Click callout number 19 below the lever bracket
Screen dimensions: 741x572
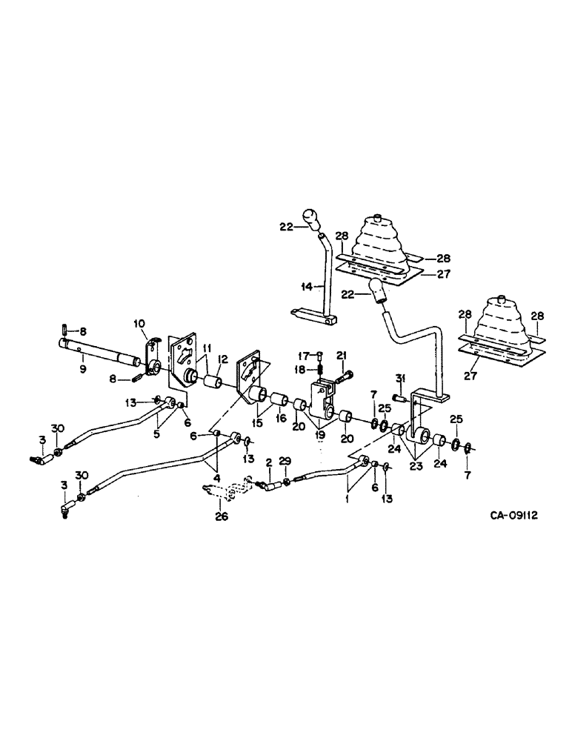(320, 438)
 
